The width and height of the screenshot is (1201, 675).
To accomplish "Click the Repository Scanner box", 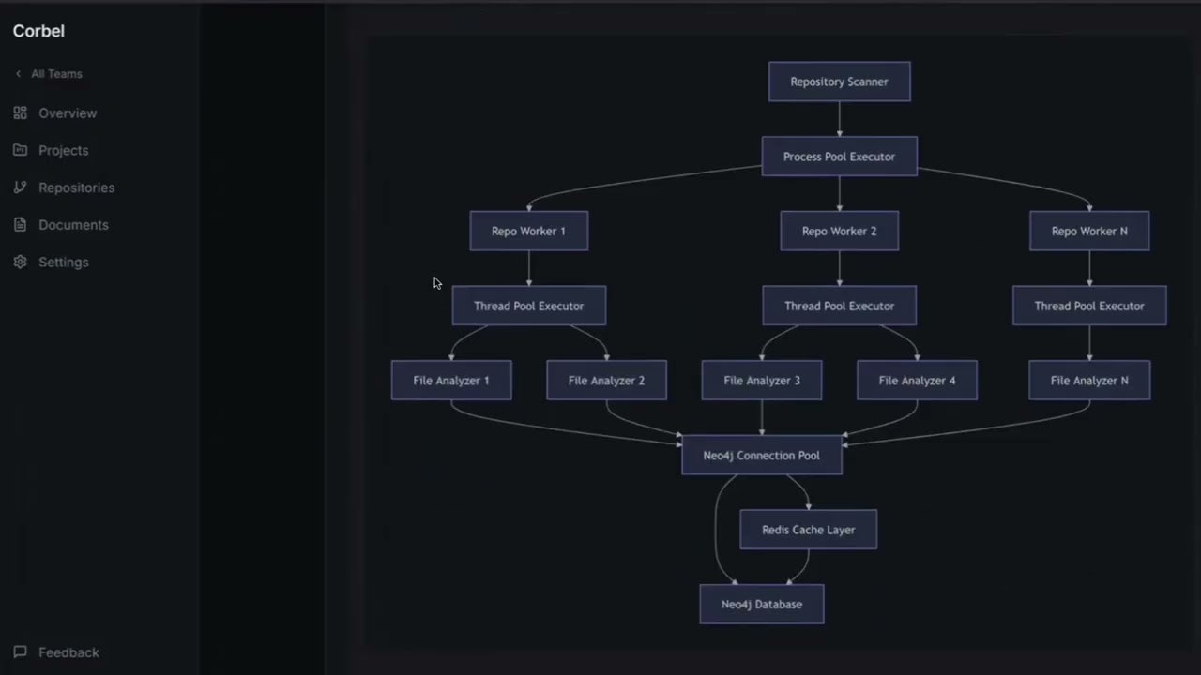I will click(839, 82).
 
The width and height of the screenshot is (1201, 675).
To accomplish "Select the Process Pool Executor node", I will click(839, 157).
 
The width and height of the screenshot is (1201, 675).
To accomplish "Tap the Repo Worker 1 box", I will click(528, 231).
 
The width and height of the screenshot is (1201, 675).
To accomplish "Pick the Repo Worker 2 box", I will click(839, 231).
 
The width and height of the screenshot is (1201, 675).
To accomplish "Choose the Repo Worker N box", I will click(1088, 231).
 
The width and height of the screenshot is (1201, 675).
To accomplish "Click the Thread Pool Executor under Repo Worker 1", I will click(528, 306).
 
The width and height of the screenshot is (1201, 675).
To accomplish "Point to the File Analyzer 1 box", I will click(450, 381).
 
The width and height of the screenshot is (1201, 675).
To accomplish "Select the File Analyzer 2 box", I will click(606, 381).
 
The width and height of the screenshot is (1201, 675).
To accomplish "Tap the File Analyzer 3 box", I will click(761, 381).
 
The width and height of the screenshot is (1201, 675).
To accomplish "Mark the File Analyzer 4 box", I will click(917, 381).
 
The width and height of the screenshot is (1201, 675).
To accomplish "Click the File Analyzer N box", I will click(1088, 381).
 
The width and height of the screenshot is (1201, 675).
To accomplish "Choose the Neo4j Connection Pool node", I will click(761, 456).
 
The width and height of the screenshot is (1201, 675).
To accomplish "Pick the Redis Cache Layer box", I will click(808, 530).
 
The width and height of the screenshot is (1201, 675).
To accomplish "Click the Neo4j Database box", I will click(761, 605).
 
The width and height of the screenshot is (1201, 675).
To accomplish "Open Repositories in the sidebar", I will click(76, 187).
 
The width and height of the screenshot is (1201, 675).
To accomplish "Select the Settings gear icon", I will click(21, 262).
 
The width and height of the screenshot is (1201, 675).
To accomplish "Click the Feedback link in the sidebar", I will click(68, 652).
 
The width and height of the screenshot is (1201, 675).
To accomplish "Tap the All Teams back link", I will click(55, 74).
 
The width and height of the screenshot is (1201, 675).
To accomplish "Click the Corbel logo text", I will click(38, 31).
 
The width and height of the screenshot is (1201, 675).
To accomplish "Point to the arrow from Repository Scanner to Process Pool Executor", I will click(839, 119).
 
